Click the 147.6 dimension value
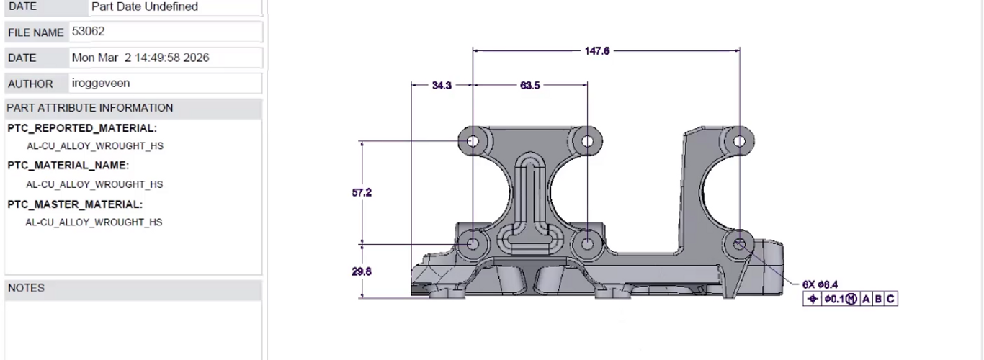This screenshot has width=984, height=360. (597, 51)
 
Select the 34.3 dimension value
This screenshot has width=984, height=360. (442, 85)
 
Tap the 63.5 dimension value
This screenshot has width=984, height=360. (529, 85)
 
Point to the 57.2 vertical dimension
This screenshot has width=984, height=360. (362, 192)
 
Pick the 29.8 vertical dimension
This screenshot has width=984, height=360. (362, 271)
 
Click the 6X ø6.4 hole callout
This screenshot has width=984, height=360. (820, 284)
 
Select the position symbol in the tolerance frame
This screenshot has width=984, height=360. (813, 299)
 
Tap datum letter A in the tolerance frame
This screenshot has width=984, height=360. (866, 299)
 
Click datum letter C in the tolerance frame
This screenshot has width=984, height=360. (890, 299)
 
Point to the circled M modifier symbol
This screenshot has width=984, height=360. (851, 299)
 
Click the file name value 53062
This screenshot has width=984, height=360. (89, 31)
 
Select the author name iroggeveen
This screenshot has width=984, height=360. (101, 83)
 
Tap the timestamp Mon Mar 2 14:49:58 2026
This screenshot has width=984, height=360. (140, 58)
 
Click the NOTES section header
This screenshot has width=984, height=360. (26, 288)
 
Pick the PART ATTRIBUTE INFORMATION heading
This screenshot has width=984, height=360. (90, 108)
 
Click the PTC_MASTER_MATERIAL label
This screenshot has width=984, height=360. (75, 204)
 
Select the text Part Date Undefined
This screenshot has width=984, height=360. (145, 6)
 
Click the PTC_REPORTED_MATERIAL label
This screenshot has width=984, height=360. (82, 128)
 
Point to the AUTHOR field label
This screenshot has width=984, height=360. (30, 84)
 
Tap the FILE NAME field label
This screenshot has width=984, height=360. (35, 32)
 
